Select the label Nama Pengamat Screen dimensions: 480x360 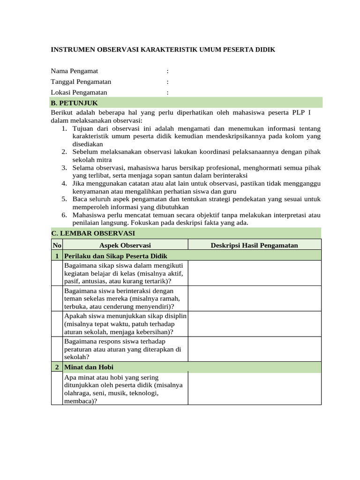(75, 71)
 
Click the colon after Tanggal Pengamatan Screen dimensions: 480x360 (167, 82)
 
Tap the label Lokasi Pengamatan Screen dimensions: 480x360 (79, 92)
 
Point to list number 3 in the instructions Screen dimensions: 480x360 (65, 167)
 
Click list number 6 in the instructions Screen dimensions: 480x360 (65, 215)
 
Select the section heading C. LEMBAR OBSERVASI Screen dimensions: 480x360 (93, 233)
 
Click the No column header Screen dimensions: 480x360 (56, 245)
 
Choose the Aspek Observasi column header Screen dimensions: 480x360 (125, 245)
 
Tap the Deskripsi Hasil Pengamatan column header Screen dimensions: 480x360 (255, 245)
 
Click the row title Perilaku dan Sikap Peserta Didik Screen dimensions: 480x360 (115, 255)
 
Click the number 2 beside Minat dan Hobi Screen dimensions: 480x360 (57, 367)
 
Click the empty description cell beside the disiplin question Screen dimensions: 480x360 (255, 324)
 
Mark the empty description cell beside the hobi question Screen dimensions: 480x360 (255, 389)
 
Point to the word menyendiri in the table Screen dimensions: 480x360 (151, 307)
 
